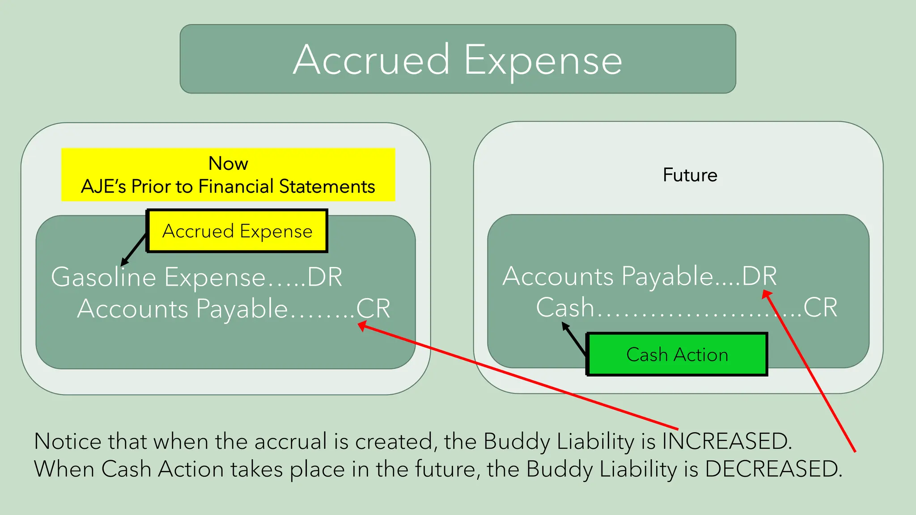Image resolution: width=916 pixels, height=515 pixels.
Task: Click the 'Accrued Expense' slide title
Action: (x=458, y=60)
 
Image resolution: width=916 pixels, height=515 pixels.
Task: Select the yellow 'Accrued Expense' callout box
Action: (x=237, y=231)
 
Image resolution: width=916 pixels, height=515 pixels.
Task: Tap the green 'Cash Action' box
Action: (x=677, y=355)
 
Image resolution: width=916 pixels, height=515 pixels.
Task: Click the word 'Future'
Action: (x=690, y=175)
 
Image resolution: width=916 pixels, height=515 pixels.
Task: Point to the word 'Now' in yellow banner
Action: (x=228, y=164)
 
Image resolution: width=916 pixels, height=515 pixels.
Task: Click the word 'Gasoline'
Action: (x=103, y=277)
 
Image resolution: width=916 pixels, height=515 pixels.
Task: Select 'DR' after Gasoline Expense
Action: (x=325, y=277)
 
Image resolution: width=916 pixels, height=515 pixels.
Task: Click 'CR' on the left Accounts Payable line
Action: (x=373, y=308)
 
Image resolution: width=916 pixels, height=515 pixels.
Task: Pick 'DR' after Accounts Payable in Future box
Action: (x=759, y=276)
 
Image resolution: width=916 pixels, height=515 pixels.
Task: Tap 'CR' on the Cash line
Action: (x=820, y=308)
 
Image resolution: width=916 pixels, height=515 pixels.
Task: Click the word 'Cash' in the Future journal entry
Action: (x=565, y=308)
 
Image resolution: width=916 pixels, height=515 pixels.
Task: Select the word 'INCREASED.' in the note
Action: (x=727, y=441)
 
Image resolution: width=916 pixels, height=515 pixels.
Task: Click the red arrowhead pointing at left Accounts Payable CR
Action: (x=362, y=327)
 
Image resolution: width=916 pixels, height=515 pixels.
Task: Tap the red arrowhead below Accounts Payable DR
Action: (x=767, y=294)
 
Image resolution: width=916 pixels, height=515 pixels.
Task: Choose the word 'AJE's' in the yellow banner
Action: (x=103, y=186)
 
